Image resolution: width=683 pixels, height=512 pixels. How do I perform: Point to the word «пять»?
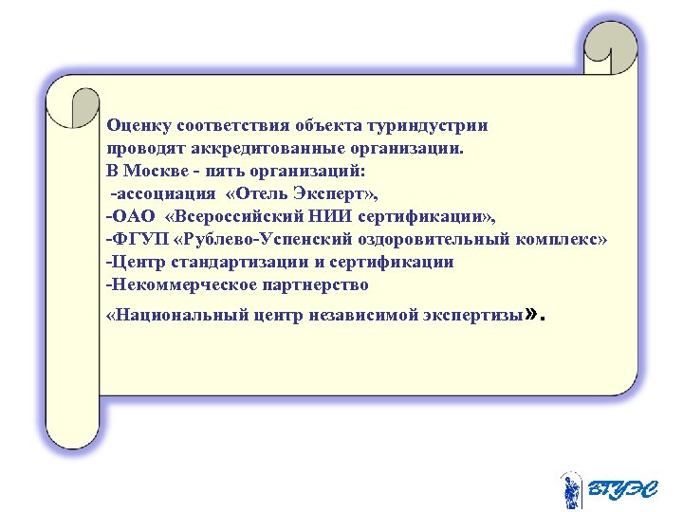click(x=220, y=171)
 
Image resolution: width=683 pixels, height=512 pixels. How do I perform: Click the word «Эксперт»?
click(x=327, y=193)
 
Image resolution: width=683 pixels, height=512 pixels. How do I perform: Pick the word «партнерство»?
click(x=310, y=284)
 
